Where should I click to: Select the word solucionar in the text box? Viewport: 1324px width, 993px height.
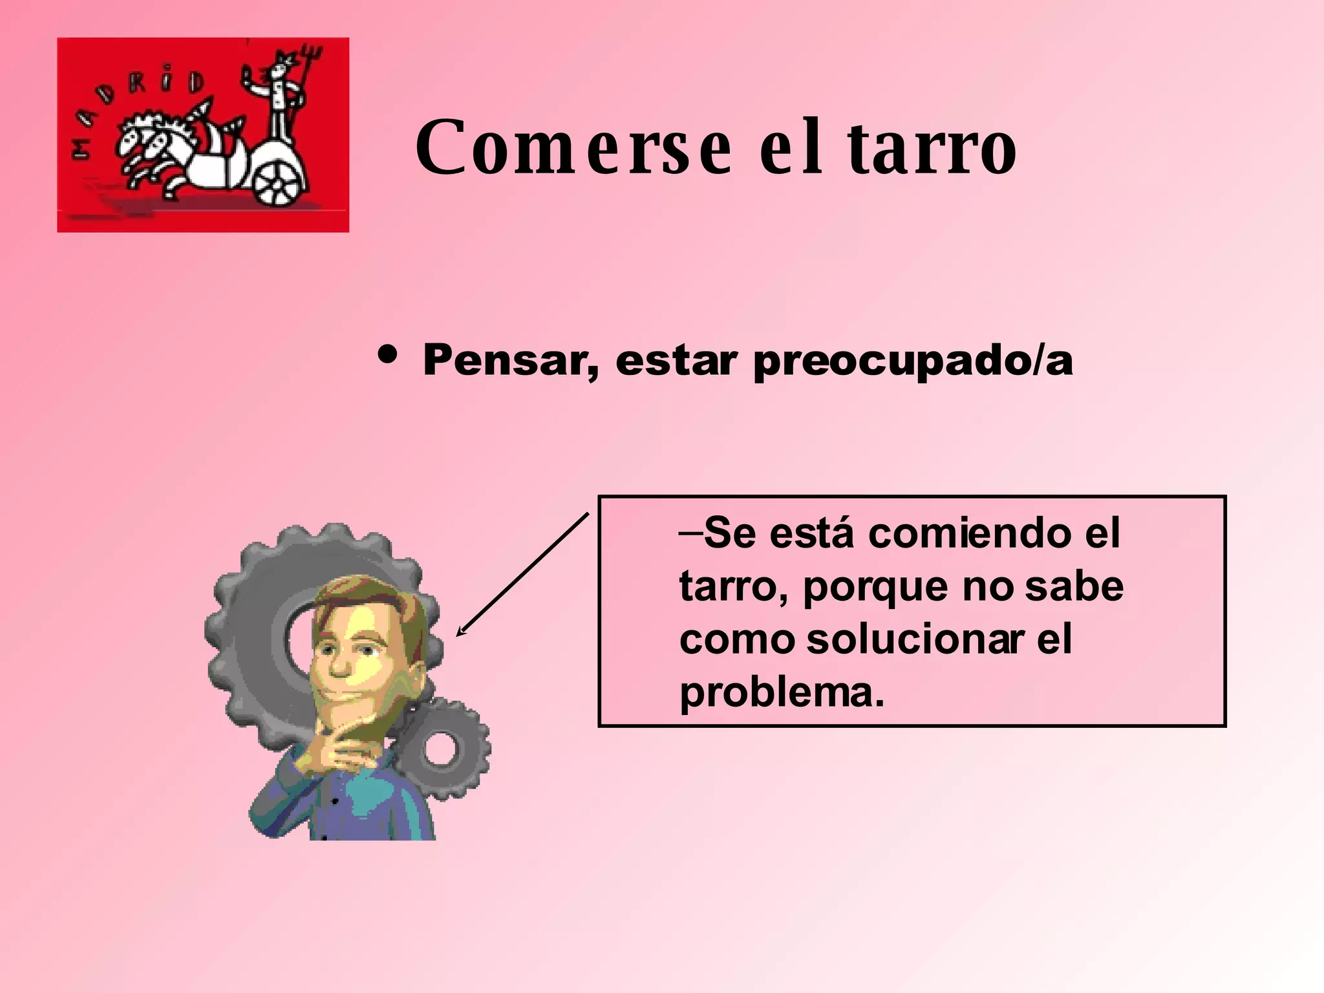tap(915, 639)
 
